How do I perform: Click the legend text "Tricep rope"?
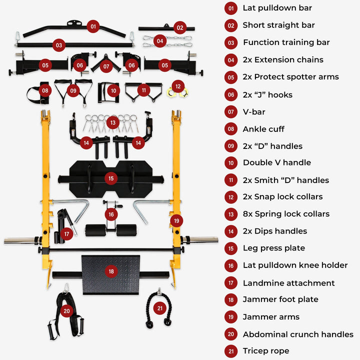266,351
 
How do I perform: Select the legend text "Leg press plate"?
274,248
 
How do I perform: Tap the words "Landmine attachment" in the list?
289,283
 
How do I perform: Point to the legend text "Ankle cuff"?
263,129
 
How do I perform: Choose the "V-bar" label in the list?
254,112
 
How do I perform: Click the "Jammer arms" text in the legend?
271,317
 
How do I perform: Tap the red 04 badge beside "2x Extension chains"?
230,60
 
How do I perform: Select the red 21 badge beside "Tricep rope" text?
230,351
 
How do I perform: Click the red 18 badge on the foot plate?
111,271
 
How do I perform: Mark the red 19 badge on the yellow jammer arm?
176,220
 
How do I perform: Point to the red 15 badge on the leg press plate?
111,178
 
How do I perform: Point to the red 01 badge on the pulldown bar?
92,26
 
